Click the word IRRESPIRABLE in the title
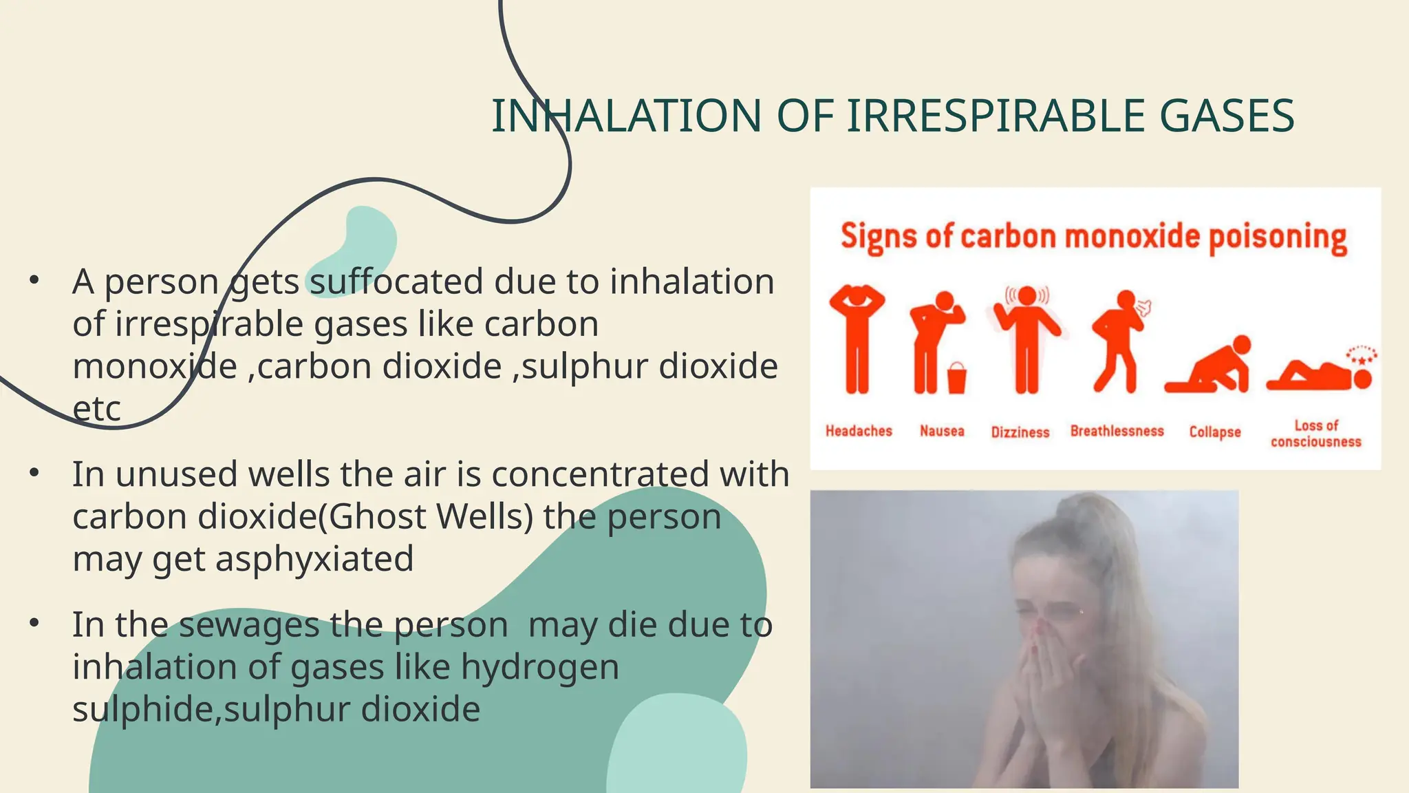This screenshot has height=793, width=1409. (995, 116)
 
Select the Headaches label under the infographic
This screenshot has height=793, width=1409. (859, 431)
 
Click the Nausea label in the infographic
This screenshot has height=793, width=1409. (942, 431)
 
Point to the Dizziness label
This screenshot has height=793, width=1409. (1020, 432)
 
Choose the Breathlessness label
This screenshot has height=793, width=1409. (1117, 431)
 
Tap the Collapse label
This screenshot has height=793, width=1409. (1215, 432)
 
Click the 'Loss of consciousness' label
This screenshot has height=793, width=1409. (1315, 434)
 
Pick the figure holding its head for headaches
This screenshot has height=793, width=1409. (857, 337)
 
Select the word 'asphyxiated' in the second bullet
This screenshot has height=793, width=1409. (314, 558)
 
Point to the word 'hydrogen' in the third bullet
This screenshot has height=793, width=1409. (539, 667)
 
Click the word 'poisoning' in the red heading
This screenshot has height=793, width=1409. (1278, 237)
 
